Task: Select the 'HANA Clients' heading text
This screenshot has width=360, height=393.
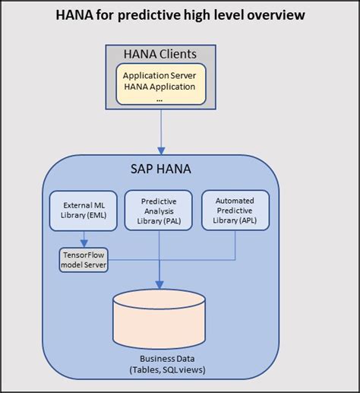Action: pyautogui.click(x=159, y=54)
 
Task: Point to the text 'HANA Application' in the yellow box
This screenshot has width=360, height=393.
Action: pyautogui.click(x=159, y=86)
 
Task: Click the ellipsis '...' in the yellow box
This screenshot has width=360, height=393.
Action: pyautogui.click(x=159, y=97)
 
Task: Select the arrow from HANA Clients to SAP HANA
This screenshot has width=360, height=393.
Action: pyautogui.click(x=160, y=133)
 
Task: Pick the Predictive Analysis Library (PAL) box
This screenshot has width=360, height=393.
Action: pyautogui.click(x=159, y=210)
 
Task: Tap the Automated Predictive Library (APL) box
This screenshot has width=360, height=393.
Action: pyautogui.click(x=235, y=210)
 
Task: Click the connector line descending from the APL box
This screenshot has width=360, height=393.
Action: pyautogui.click(x=235, y=243)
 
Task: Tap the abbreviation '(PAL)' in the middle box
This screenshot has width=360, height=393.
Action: pyautogui.click(x=176, y=220)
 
